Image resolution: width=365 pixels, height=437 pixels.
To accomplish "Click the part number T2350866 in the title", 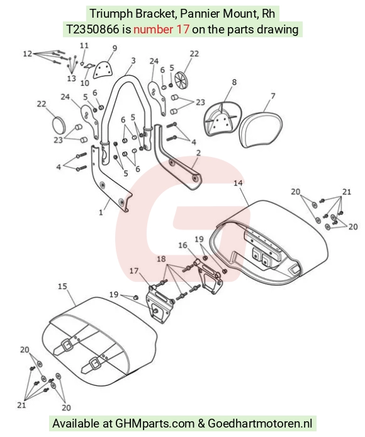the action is coord(93,29).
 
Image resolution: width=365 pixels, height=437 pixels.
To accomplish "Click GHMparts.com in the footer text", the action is coord(155,423).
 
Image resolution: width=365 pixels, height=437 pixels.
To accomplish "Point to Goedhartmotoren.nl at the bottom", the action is coord(260,423).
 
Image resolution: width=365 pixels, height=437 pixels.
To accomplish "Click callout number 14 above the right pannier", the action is coord(238,183).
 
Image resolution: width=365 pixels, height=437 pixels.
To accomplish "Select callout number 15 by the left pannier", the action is coord(62,286).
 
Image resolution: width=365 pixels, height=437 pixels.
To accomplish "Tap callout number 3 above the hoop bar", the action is coord(133,61).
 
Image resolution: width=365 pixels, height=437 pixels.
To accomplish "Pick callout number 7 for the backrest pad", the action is coord(273,96).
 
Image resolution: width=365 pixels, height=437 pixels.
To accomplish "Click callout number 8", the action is coord(234,82).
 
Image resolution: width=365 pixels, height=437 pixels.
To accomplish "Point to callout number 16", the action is coord(182,245).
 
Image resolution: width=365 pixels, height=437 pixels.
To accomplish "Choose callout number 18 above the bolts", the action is coord(161,259).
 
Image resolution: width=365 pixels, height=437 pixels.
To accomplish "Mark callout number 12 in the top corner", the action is coord(28,53).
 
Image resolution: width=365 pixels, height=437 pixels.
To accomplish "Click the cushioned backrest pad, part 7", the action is coord(261,129).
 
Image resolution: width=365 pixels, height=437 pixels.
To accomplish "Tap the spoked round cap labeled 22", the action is coord(182,78).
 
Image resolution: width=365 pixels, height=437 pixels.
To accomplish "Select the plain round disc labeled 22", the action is coord(59,125).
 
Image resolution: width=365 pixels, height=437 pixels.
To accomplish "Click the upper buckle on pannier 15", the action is coord(67,346).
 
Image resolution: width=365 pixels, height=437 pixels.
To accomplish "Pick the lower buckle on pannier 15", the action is coord(95,363).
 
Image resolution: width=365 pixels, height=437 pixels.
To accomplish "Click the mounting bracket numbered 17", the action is coord(159,305).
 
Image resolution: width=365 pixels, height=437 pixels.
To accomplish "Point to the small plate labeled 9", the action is coord(103,69).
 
